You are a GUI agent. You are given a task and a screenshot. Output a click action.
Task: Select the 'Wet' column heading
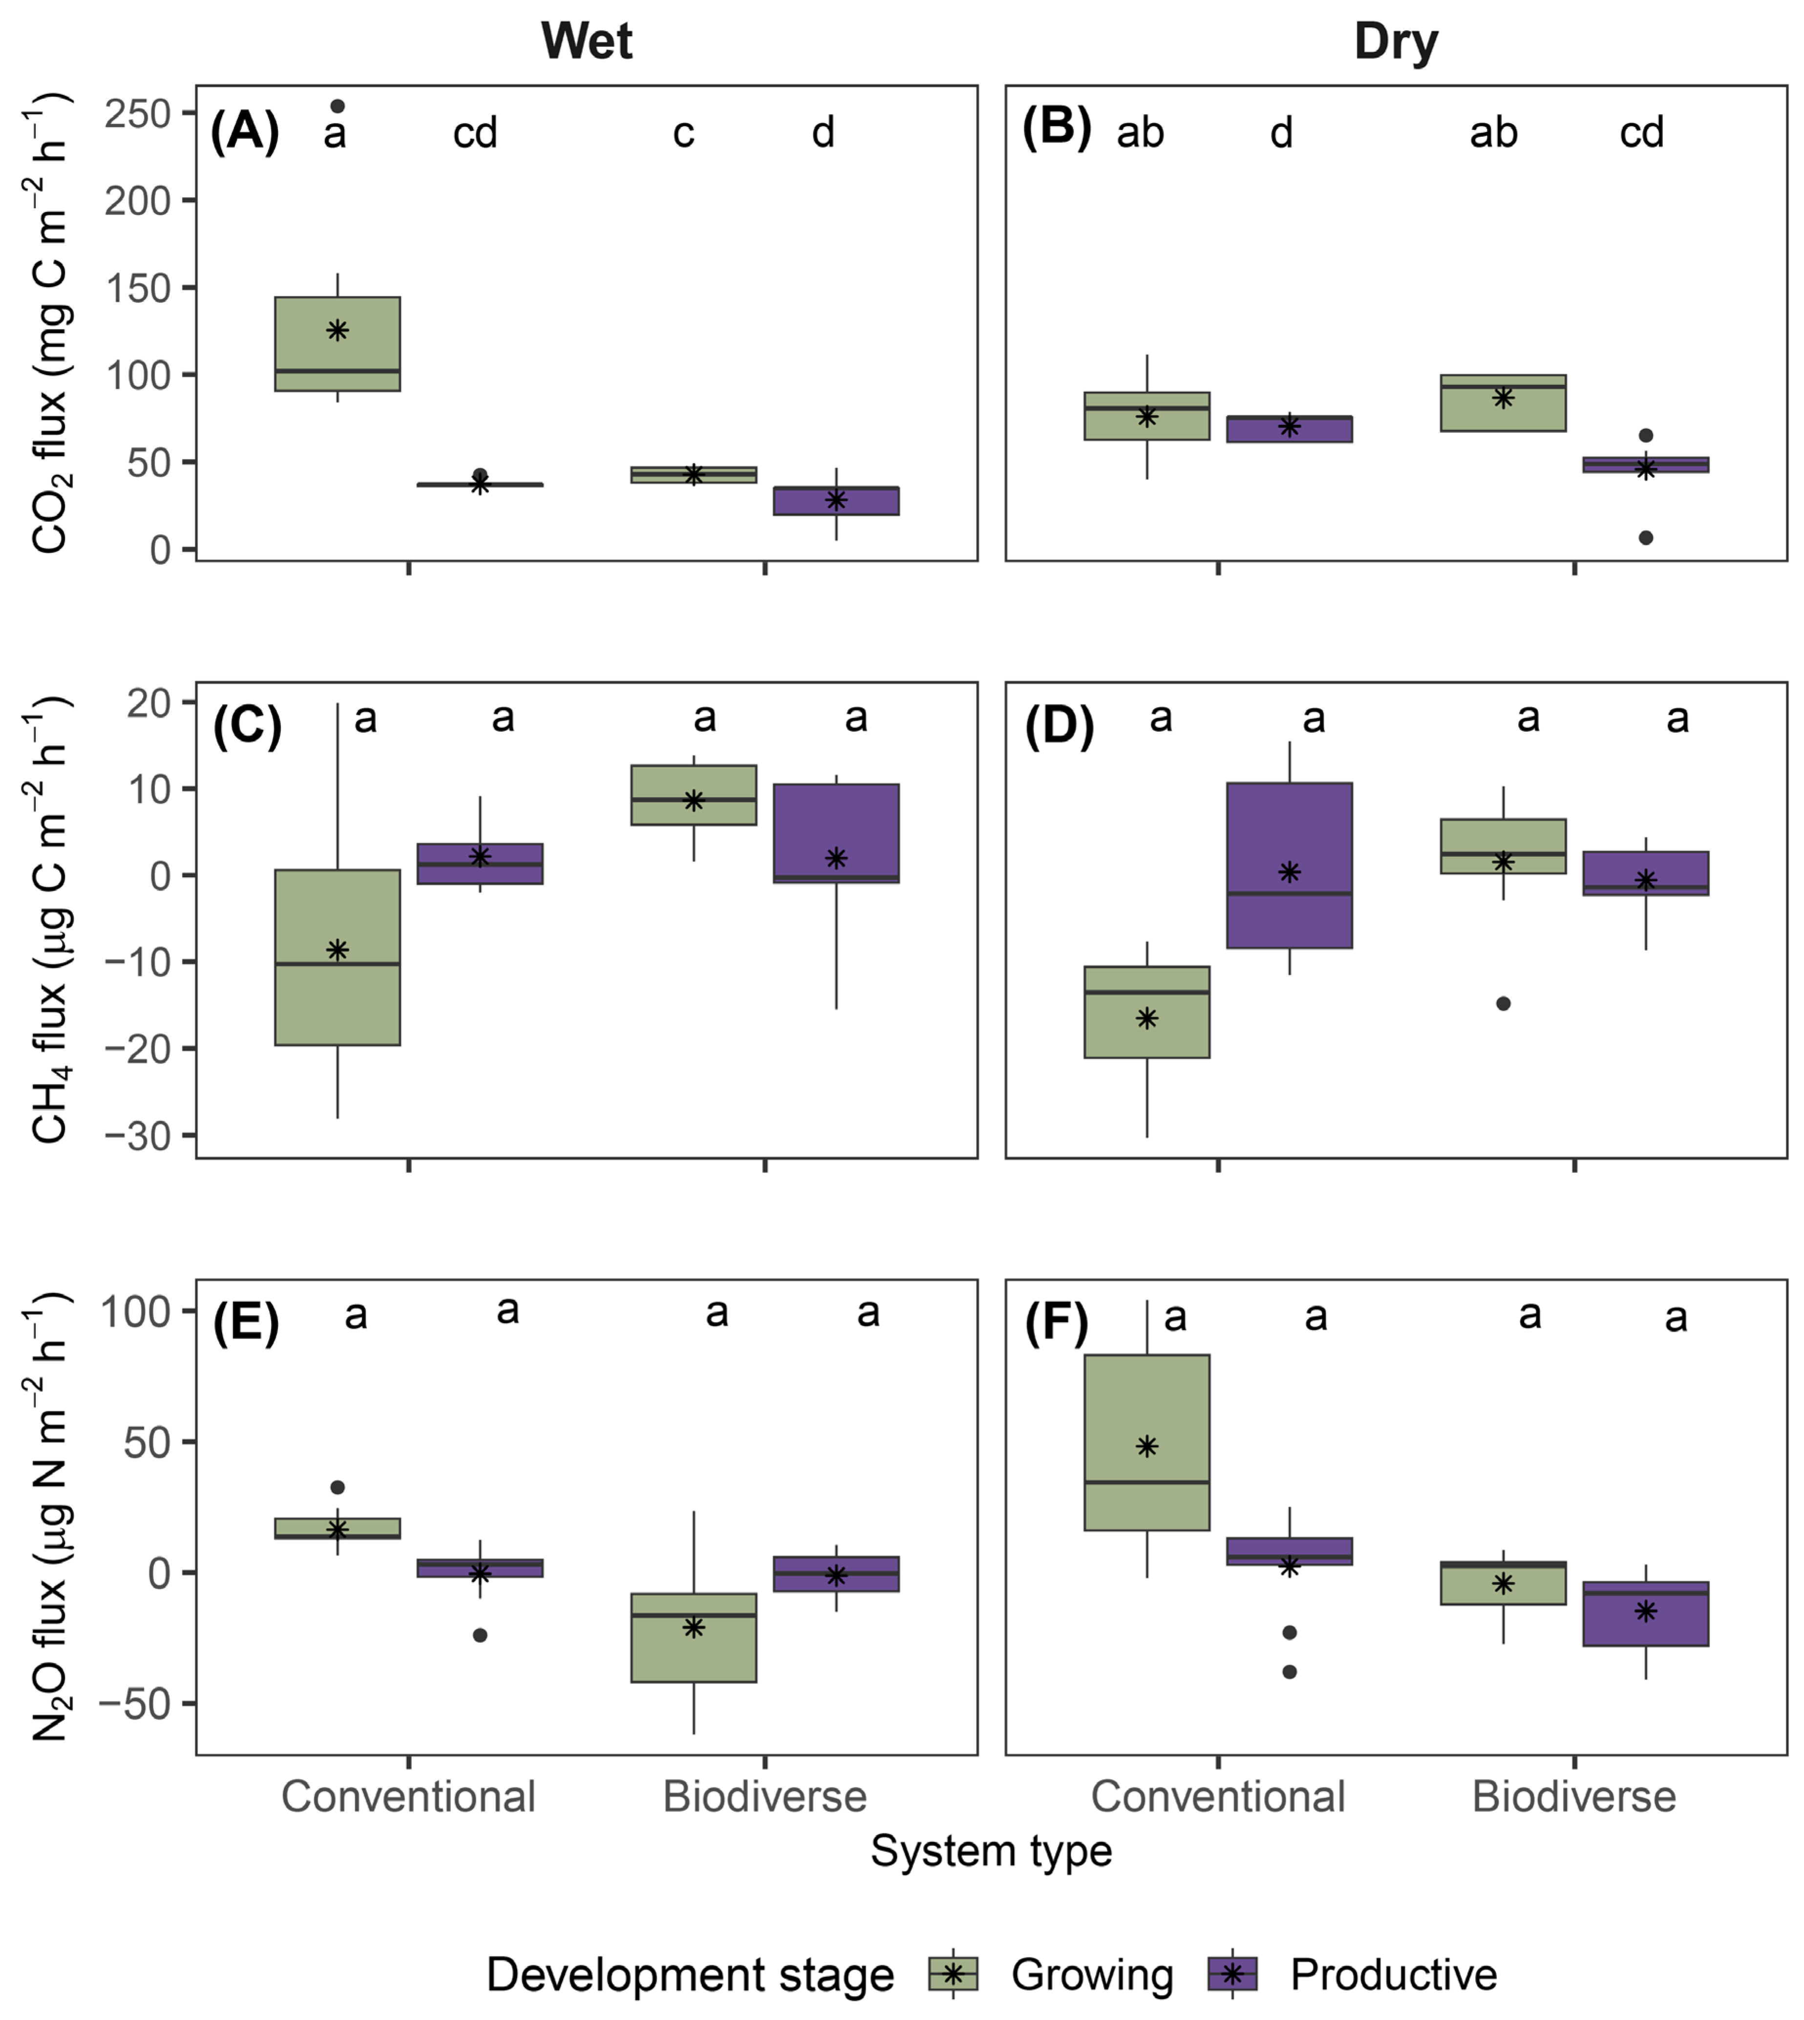pos(587,42)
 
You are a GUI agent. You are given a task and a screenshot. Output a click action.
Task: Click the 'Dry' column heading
pos(1396,42)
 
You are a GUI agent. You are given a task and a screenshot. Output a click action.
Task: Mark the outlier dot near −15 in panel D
pos(1503,1003)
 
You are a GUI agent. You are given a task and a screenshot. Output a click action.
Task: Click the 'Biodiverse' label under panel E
pos(764,1796)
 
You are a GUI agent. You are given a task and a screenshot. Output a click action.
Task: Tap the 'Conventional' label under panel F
pos(1218,1796)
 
